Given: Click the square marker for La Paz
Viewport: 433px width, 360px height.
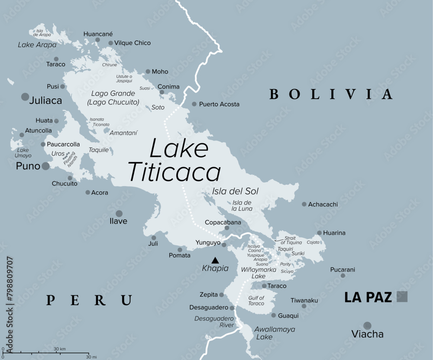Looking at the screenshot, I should click(402, 296).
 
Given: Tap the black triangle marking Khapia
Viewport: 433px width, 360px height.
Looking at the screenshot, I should click(215, 260).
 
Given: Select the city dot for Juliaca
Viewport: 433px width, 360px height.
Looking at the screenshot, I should click(25, 97).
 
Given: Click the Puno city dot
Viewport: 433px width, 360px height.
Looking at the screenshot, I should click(45, 166).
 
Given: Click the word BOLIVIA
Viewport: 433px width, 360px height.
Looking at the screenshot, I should click(331, 94).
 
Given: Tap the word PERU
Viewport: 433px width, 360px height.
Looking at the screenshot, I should click(89, 300).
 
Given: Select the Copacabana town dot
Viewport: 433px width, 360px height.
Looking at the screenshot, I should click(226, 228).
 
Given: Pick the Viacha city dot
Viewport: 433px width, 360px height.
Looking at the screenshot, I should click(367, 325).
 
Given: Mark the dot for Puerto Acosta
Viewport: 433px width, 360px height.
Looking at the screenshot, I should click(194, 104).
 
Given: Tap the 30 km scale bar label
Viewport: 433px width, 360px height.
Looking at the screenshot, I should click(60, 349).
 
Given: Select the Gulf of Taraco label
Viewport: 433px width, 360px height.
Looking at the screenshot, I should click(256, 301).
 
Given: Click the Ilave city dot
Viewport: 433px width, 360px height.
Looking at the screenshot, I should click(119, 213).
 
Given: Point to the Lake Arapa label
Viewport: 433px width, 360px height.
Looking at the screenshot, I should click(37, 45).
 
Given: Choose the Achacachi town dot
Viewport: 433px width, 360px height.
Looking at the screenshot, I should click(304, 204).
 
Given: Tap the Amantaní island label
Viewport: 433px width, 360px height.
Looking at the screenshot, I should click(123, 133).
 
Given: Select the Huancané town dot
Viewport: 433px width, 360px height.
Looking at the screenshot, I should click(98, 40).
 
